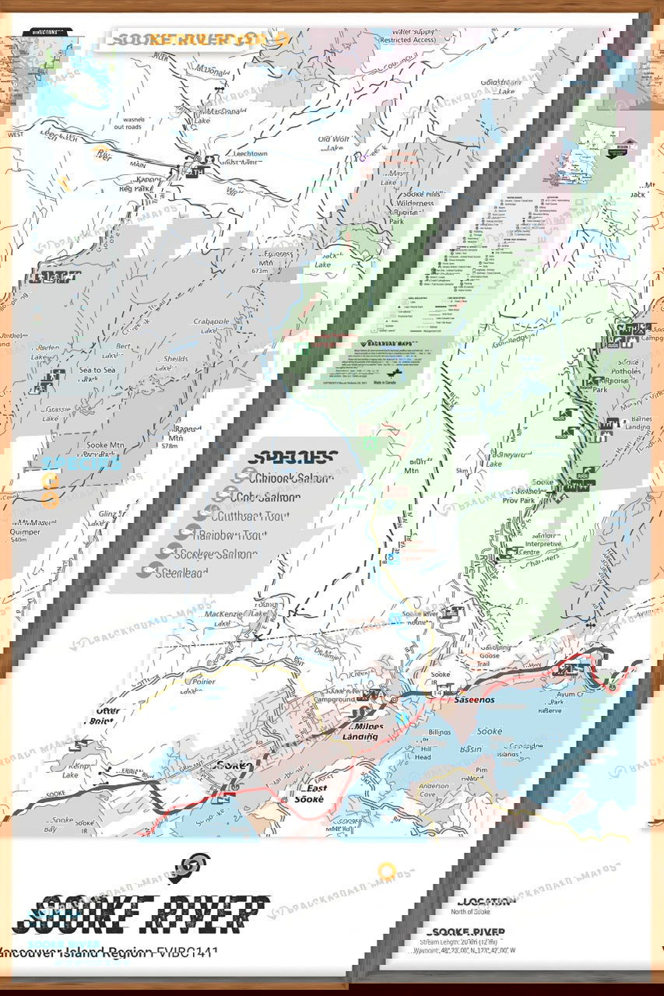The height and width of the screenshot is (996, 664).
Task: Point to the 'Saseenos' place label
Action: pos(476,700)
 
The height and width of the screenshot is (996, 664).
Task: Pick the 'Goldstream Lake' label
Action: pos(499,86)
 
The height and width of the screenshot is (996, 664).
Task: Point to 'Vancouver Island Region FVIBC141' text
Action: pos(109,952)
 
